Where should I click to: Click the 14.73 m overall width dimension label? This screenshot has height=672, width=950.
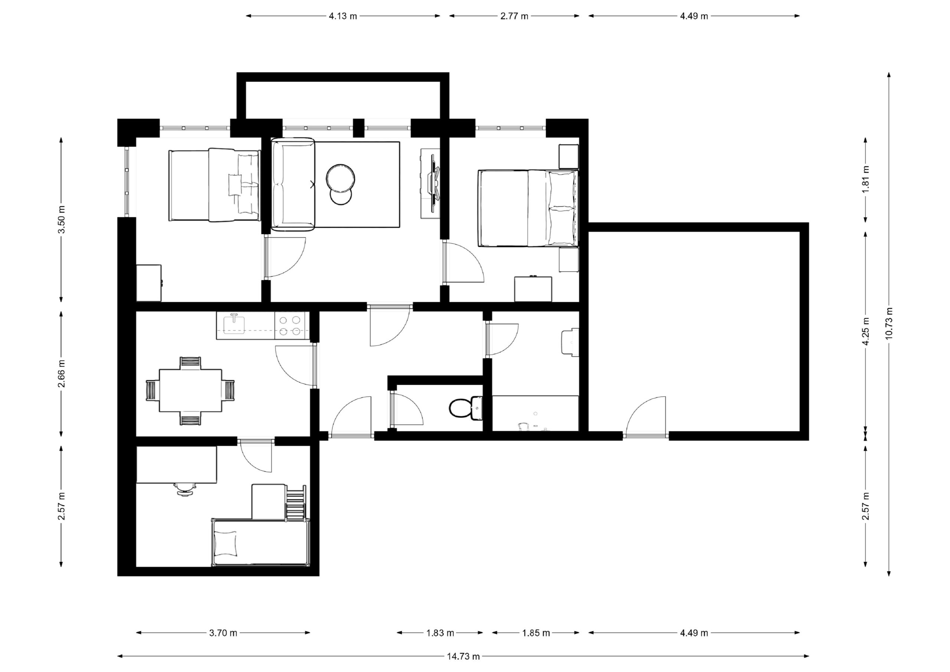pos(463,656)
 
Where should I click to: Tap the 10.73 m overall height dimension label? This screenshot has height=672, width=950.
pos(889,323)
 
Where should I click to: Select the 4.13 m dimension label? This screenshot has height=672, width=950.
pos(343,16)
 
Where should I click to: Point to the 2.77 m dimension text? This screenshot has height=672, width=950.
pos(514,16)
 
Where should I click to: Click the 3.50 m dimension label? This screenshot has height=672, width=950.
pos(61,219)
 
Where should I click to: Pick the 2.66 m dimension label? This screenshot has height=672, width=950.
pos(61,374)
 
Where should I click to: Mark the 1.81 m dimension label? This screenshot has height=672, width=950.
pos(866,179)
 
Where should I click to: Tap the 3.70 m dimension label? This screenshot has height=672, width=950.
pos(223,633)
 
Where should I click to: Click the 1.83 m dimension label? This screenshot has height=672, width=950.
pos(440,633)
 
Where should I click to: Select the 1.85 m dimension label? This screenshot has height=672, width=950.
pos(536,633)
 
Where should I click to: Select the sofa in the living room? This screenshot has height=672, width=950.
pos(293,184)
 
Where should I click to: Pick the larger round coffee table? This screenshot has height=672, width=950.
pos(340,179)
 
